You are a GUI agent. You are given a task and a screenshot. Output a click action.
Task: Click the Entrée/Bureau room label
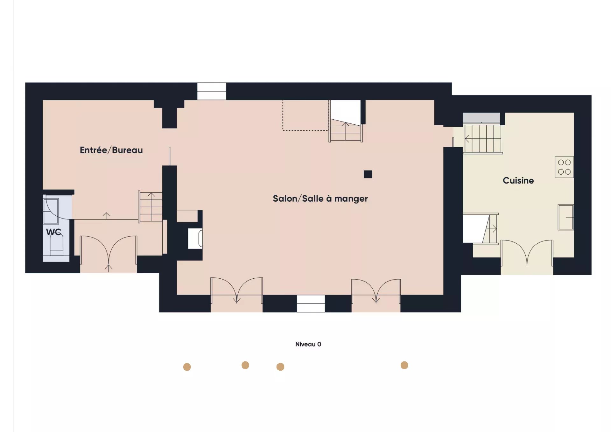pyautogui.click(x=111, y=150)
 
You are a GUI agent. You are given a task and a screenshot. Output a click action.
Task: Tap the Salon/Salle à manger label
pyautogui.click(x=320, y=199)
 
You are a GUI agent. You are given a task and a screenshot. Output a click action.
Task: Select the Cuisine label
pyautogui.click(x=518, y=180)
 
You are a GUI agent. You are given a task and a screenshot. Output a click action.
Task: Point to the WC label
pyautogui.click(x=53, y=232)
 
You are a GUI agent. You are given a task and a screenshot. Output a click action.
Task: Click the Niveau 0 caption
pyautogui.click(x=308, y=344)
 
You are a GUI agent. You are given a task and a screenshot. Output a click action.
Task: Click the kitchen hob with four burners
pyautogui.click(x=564, y=167)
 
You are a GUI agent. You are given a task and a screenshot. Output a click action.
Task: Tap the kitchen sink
pyautogui.click(x=566, y=217)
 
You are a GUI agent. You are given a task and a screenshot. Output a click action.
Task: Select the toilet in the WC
pyautogui.click(x=56, y=245)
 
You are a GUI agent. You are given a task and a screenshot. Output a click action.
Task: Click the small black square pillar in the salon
pyautogui.click(x=368, y=174)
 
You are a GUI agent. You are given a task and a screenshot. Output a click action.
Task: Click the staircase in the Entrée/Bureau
pyautogui.click(x=151, y=207)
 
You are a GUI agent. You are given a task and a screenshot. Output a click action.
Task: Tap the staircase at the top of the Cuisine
pyautogui.click(x=483, y=139)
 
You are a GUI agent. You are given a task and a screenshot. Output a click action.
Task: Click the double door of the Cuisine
pyautogui.click(x=527, y=253)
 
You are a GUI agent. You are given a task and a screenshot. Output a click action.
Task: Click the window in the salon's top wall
pyautogui.click(x=212, y=91)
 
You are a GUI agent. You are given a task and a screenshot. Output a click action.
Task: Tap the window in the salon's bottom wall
pyautogui.click(x=311, y=303)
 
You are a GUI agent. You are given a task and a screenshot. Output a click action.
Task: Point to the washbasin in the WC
pyautogui.click(x=51, y=211)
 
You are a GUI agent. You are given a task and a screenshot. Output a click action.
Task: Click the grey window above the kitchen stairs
pyautogui.click(x=481, y=117)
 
